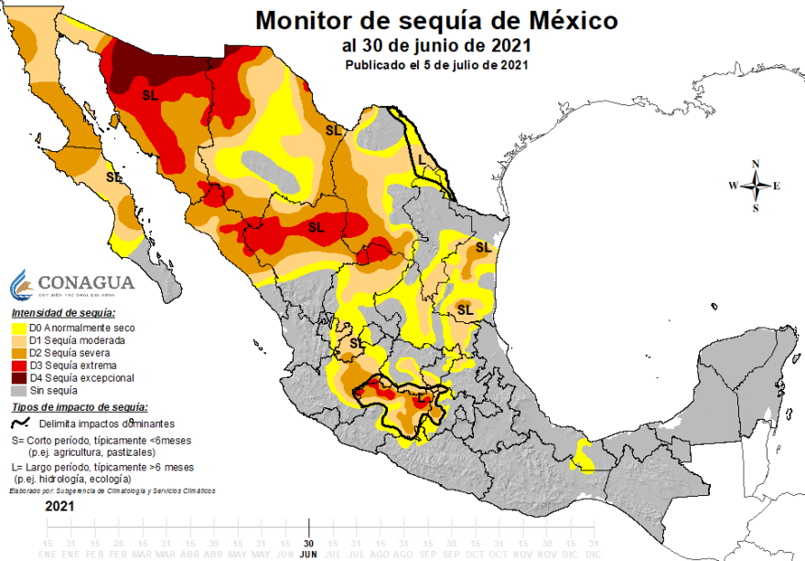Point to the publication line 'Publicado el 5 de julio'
(x=436, y=65)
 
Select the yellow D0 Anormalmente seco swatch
(x=17, y=327)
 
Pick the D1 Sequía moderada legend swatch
(x=17, y=340)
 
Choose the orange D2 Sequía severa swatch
(x=17, y=352)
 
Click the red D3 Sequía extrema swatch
(x=17, y=365)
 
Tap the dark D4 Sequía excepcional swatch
(x=17, y=378)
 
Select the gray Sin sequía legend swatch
(x=17, y=391)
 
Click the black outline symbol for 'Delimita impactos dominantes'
(x=19, y=424)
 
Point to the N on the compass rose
(x=756, y=165)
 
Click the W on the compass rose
(x=733, y=186)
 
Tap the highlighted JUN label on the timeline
(x=309, y=555)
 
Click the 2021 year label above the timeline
(x=60, y=505)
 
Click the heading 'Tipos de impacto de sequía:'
(x=79, y=407)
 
